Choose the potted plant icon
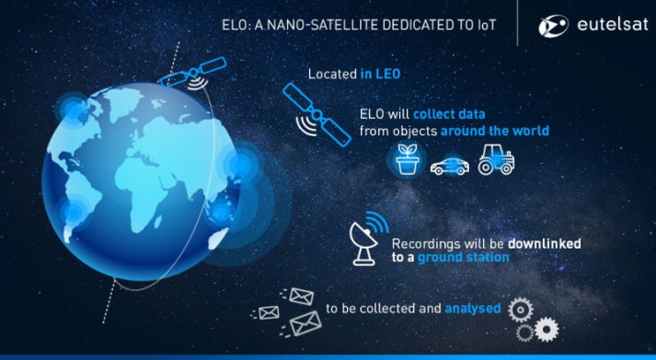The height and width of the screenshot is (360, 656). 406,160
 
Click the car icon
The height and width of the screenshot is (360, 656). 449,165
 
